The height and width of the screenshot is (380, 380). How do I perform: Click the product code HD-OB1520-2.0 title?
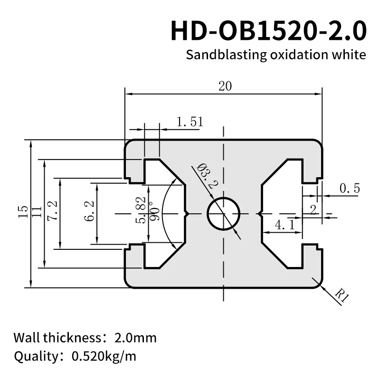pyautogui.click(x=268, y=31)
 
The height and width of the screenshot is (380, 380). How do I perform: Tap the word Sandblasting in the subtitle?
pyautogui.click(x=219, y=55)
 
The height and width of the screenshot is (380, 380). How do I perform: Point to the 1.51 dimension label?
pyautogui.click(x=190, y=122)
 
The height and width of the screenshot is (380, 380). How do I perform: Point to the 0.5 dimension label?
pyautogui.click(x=349, y=189)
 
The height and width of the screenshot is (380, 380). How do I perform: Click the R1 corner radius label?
pyautogui.click(x=341, y=298)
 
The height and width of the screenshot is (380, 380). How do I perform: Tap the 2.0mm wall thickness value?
pyautogui.click(x=135, y=338)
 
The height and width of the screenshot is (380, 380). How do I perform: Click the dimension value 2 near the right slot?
pyautogui.click(x=313, y=210)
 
